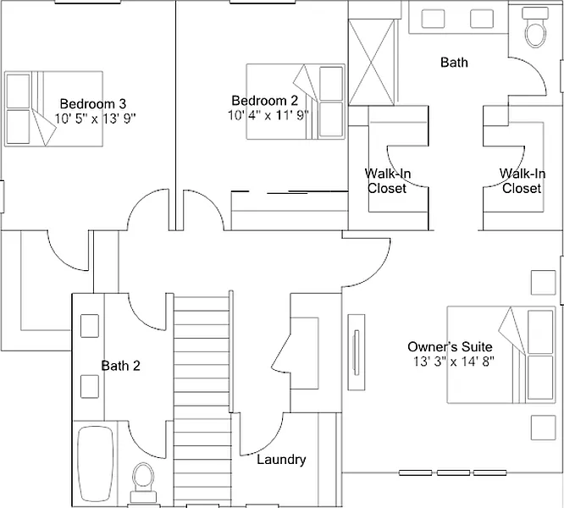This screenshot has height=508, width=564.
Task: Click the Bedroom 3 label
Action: coord(93,104)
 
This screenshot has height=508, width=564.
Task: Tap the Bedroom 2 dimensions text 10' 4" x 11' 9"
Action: coord(268,115)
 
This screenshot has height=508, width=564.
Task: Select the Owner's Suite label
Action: coord(450,347)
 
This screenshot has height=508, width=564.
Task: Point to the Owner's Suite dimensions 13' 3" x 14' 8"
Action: coord(453,362)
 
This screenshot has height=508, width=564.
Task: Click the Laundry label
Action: coord(281,460)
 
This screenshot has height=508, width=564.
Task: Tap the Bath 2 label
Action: coord(120,366)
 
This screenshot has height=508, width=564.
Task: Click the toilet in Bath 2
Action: coord(143,483)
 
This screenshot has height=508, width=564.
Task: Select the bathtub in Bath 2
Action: coord(96,464)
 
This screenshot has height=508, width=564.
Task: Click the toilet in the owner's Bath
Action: coord(535,27)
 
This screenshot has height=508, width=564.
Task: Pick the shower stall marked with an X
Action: coord(372,63)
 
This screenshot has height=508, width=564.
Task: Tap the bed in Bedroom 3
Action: coord(53,108)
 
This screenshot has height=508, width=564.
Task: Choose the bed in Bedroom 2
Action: coord(296,102)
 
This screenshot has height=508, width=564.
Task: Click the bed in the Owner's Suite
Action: coord(501,355)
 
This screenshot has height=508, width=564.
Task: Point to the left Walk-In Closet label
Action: coord(387,181)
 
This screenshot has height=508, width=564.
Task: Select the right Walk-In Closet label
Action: coord(522,181)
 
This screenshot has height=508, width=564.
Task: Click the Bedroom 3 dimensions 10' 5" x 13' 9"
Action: coord(96,119)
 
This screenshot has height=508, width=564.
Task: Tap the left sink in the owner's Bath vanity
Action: coord(433,19)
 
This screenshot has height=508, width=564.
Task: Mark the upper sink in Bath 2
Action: coord(90,326)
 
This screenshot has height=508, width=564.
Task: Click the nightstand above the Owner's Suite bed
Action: coord(543,283)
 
